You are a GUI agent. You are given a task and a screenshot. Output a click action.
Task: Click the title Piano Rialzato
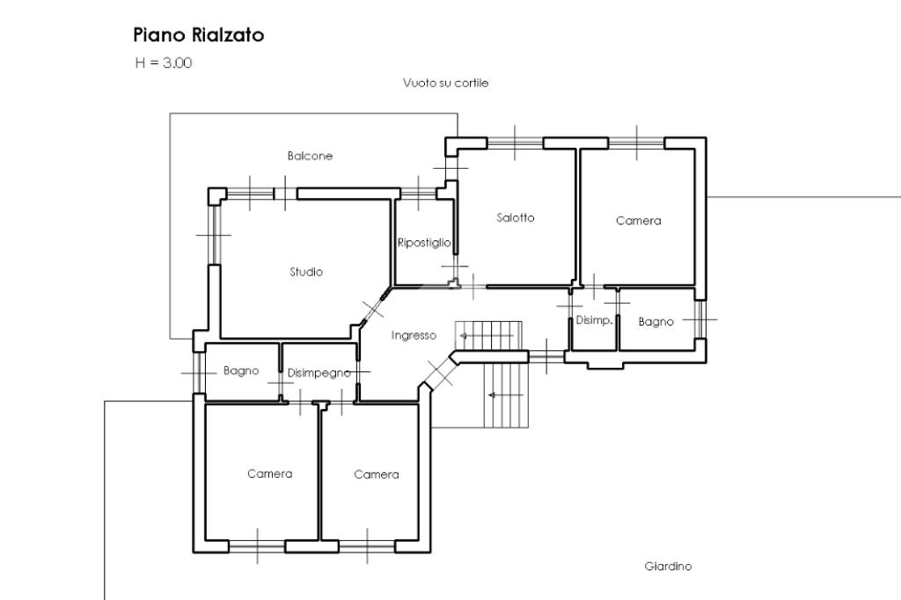(199, 36)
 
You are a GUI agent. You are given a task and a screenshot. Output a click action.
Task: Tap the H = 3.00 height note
(164, 62)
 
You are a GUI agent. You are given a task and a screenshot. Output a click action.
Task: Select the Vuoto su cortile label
(444, 84)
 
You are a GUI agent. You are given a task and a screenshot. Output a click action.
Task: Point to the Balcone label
(310, 156)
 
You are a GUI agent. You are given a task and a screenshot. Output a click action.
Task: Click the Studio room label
(306, 272)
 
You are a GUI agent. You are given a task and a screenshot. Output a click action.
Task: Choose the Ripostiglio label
(424, 242)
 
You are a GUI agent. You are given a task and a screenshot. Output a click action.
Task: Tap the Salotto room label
(516, 218)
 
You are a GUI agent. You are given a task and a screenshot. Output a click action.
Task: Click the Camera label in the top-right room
(638, 221)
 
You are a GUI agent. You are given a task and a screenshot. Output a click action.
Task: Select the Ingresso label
(414, 335)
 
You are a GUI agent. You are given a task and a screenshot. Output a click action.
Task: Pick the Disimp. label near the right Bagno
(594, 320)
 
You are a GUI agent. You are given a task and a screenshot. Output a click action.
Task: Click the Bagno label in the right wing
(656, 322)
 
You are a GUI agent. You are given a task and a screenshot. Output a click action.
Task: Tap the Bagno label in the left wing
(241, 371)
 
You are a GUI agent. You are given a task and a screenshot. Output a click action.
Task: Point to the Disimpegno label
(319, 373)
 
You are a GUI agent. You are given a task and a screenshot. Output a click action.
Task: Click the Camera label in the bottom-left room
(269, 474)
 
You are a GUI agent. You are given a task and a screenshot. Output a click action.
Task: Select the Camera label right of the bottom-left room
(377, 475)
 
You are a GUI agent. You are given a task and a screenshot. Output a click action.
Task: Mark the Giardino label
(668, 567)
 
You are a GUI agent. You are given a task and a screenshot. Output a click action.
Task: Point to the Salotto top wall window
(515, 142)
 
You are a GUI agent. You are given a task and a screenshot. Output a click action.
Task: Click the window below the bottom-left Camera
(257, 545)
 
